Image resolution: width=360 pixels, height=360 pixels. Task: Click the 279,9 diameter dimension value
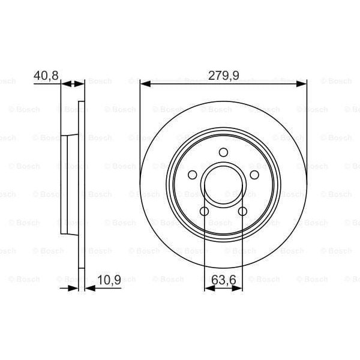click(223, 75)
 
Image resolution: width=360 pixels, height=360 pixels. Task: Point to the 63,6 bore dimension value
click(223, 279)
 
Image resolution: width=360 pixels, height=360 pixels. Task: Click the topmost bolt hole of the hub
click(223, 152)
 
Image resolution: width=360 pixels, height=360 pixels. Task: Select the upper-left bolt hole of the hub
click(192, 175)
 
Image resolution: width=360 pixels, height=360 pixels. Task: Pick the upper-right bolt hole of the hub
click(254, 175)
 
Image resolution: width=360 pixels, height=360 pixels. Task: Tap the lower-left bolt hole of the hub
click(204, 211)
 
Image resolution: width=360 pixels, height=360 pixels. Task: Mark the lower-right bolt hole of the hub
click(242, 211)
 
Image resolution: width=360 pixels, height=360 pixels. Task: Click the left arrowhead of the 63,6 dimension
click(208, 289)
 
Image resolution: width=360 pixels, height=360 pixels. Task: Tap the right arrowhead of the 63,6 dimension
click(238, 289)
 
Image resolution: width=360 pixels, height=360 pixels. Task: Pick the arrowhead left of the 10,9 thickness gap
click(74, 289)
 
